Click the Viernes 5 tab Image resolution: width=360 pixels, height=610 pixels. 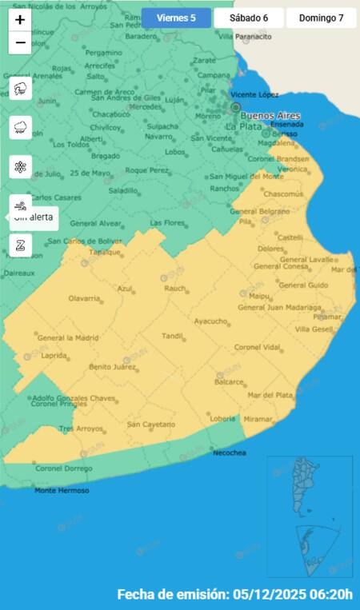tap(176, 18)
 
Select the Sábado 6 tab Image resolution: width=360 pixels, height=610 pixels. tap(249, 18)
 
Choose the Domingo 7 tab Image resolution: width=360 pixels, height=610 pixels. tap(321, 18)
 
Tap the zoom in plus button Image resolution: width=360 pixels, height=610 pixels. tap(20, 20)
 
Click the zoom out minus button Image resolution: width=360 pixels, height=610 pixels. tap(20, 42)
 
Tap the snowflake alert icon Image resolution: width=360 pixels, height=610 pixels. tap(20, 167)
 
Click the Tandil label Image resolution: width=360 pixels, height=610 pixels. tap(172, 336)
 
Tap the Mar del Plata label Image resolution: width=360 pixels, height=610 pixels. tap(270, 395)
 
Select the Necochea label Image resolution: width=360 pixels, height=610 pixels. tap(230, 453)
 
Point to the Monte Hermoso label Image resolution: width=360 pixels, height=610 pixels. tap(62, 490)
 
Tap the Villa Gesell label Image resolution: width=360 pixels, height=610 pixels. tap(314, 329)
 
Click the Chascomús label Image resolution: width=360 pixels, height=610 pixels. tap(283, 194)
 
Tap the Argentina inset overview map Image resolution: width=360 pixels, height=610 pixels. tap(309, 516)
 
